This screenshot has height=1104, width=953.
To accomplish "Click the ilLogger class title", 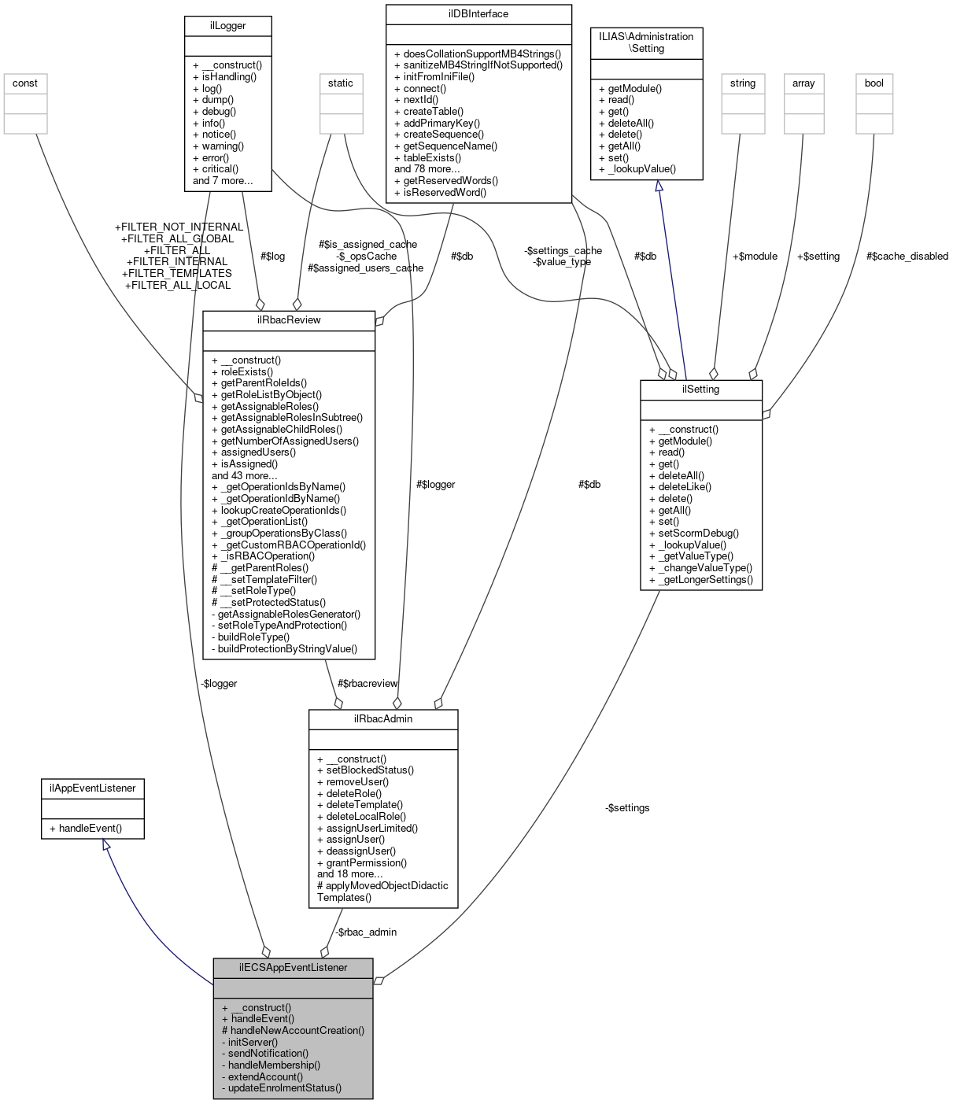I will coord(227,26).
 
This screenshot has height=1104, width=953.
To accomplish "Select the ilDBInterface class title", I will coord(478,14).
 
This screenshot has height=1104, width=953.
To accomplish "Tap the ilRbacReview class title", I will coord(289,320).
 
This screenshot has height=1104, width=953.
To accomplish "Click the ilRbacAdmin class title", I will coord(383,718).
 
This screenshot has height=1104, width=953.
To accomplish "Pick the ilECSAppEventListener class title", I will coord(293,967).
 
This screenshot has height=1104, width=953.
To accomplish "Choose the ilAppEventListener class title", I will coord(93,788).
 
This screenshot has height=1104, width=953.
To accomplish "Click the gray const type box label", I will coord(25,83).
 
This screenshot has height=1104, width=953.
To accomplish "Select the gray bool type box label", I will coord(874,83).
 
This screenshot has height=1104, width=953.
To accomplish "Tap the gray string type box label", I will coord(743,83).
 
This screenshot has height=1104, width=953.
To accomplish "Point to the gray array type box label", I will coord(803,83).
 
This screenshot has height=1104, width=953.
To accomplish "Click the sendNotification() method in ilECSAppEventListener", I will coord(268,1053).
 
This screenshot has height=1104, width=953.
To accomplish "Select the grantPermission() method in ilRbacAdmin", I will coord(366,862).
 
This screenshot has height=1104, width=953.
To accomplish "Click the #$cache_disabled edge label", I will coord(907,256).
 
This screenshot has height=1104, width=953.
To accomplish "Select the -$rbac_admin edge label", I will coord(366,932).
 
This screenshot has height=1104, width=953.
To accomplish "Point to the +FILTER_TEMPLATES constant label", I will coord(177,273).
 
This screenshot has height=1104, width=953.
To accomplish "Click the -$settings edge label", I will coord(627,808).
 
